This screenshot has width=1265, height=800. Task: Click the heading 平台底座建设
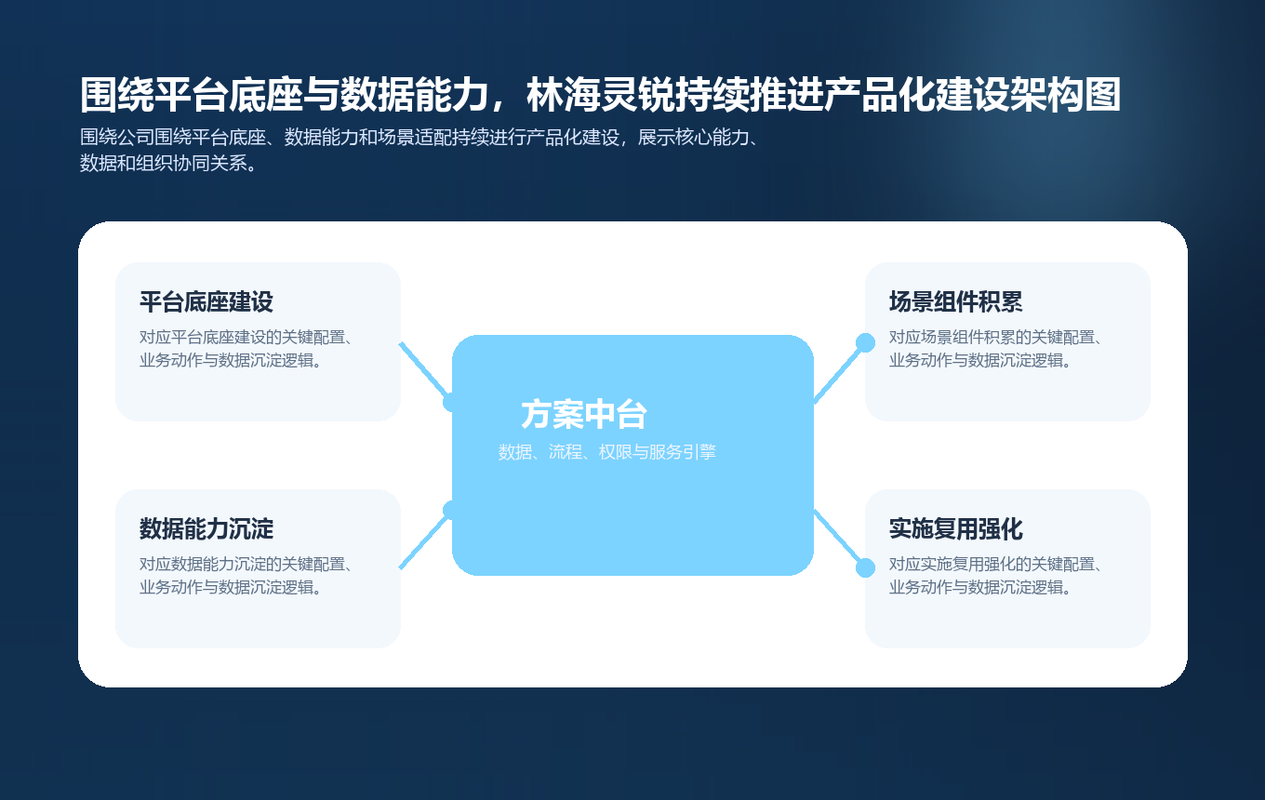[x=206, y=302]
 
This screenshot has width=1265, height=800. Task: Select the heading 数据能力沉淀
[x=206, y=529]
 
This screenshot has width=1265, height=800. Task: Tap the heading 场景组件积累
[x=955, y=302]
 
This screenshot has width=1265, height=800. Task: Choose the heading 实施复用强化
[x=955, y=529]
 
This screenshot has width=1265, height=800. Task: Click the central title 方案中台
[x=583, y=414]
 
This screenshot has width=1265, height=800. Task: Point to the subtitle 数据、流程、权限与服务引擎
[x=606, y=453]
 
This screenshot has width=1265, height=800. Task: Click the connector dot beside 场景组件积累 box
[x=865, y=342]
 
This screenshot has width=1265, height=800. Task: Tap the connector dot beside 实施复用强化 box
[x=865, y=567]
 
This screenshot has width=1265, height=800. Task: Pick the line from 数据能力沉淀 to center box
[x=423, y=541]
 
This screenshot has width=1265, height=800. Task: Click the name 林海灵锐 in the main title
[x=602, y=95]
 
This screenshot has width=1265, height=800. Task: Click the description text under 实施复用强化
[x=995, y=576]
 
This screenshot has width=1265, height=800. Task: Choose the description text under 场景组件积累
[x=995, y=349]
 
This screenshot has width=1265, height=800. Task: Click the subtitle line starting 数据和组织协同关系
[x=167, y=165]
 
